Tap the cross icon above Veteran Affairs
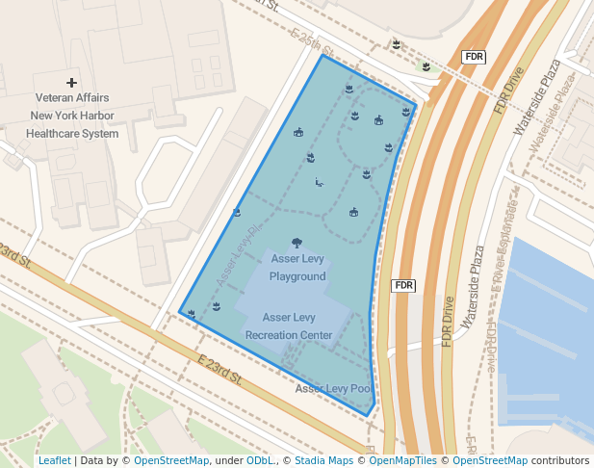(71, 83)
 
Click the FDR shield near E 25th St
(474, 57)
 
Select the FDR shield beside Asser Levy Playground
(403, 285)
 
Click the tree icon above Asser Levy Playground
(296, 243)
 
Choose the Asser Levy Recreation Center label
(289, 325)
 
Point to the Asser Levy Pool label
(332, 389)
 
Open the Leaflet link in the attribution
(54, 460)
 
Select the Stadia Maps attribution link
(322, 460)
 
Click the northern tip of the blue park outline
(323, 55)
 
